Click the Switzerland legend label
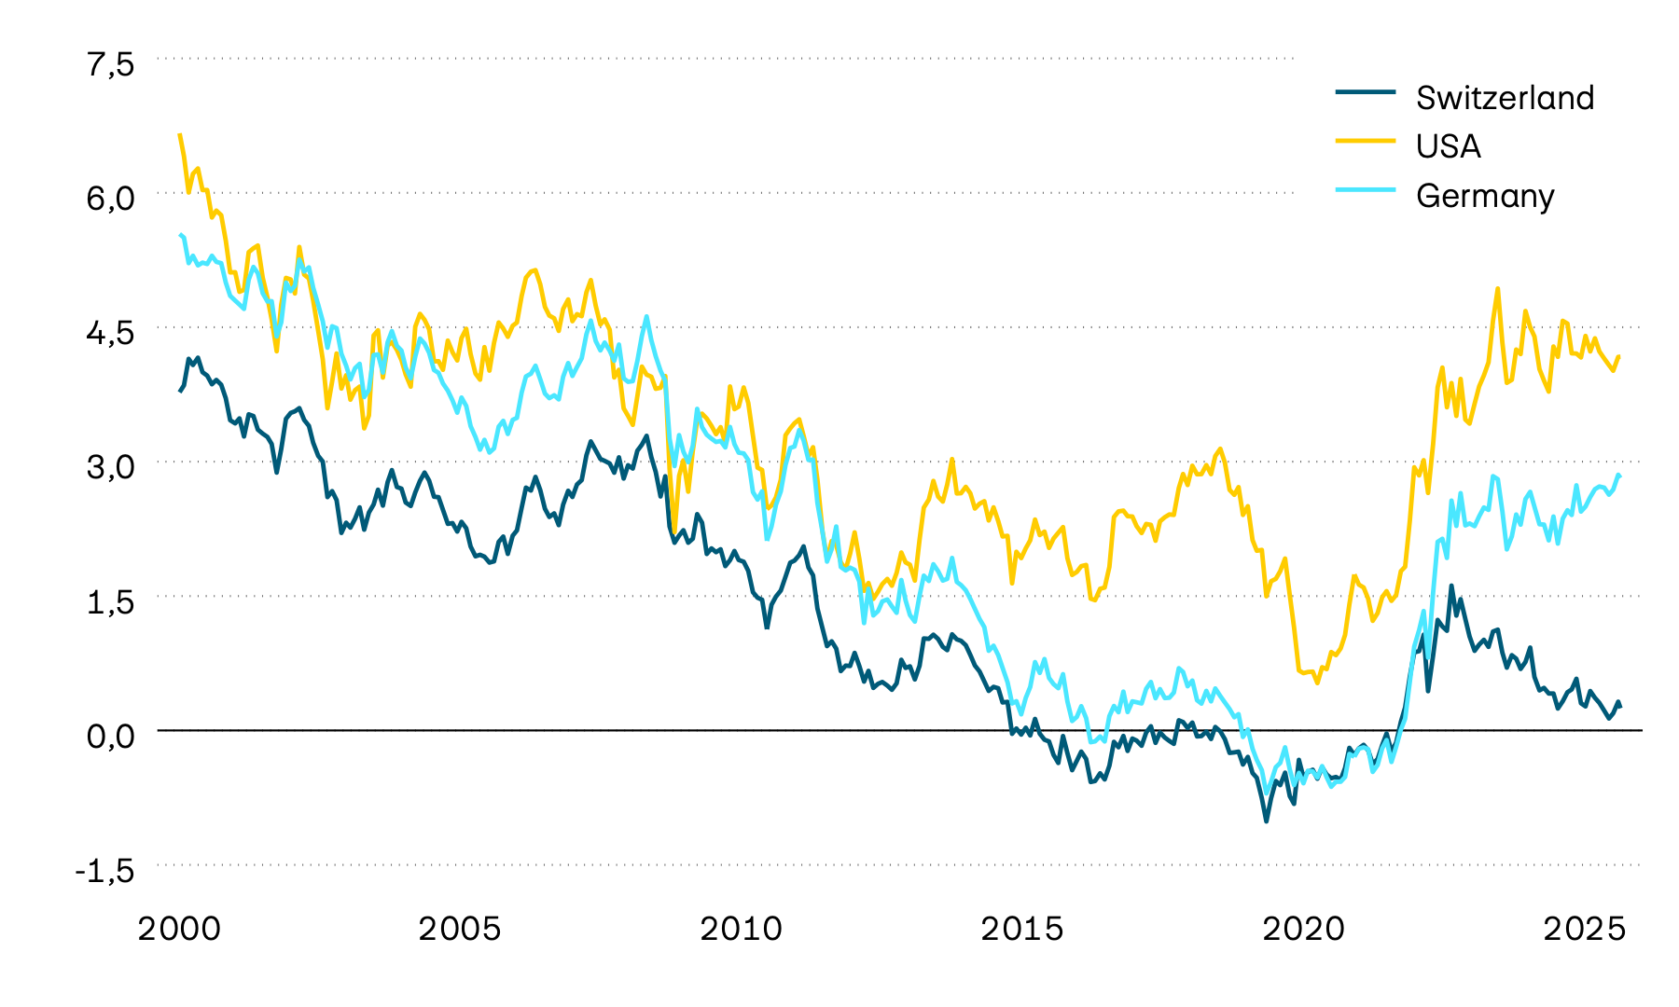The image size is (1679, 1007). click(1505, 98)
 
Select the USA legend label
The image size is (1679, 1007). click(1448, 146)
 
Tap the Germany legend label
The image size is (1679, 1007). click(1484, 196)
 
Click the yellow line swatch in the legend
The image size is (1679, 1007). click(1366, 140)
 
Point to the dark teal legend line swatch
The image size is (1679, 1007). click(1366, 91)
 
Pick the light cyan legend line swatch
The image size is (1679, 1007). click(1366, 189)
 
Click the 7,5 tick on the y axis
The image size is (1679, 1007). click(110, 64)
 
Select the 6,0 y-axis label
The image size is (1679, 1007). click(110, 199)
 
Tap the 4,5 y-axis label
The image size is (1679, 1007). click(110, 333)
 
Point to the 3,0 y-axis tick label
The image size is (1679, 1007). click(110, 467)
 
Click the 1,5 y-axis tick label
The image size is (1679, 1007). click(110, 601)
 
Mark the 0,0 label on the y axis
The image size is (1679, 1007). click(110, 736)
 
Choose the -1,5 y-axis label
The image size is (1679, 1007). click(104, 871)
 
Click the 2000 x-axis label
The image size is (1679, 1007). click(179, 930)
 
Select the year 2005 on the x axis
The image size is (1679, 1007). click(460, 930)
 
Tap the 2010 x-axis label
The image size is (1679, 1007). click(741, 930)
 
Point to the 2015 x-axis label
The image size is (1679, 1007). click(1021, 930)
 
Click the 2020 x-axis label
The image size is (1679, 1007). click(1303, 930)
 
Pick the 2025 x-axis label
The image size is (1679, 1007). click(1584, 930)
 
